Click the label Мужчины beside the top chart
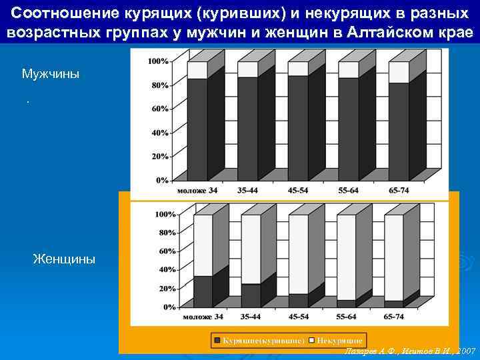click(x=50, y=73)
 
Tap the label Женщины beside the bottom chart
click(x=64, y=259)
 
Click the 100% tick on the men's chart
click(x=158, y=61)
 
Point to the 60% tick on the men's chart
click(x=160, y=109)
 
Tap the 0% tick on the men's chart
click(x=162, y=180)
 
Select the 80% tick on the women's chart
click(x=165, y=233)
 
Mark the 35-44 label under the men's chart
click(x=248, y=191)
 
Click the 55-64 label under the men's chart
click(x=349, y=191)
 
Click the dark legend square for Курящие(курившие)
click(x=217, y=340)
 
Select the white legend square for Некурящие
click(x=311, y=340)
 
